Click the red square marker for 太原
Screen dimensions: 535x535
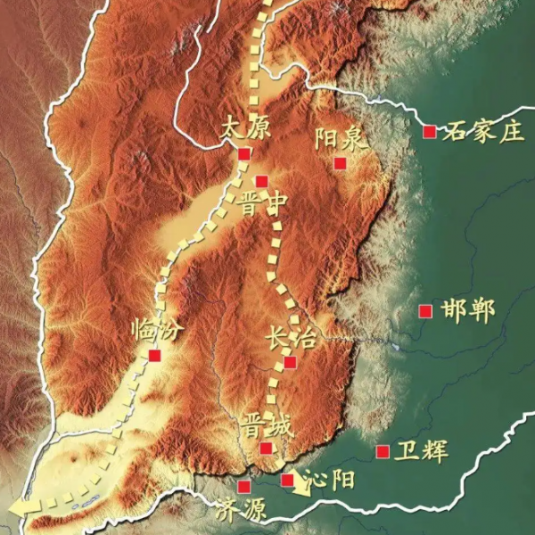coord(243,154)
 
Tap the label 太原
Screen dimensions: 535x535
coord(243,128)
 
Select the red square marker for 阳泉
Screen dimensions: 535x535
coord(339,162)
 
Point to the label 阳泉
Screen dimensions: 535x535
coord(339,137)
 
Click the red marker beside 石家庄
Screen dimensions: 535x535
coord(429,132)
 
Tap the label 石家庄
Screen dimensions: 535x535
coord(482,133)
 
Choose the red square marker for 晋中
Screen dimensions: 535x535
coord(261,182)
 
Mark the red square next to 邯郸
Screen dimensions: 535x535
coord(425,311)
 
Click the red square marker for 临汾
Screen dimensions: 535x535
coord(154,355)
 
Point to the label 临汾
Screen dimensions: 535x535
coord(157,331)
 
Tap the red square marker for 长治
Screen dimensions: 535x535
coord(290,361)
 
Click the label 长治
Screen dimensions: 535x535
coord(290,337)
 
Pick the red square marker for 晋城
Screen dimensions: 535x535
coord(266,448)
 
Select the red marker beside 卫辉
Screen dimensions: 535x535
coord(383,451)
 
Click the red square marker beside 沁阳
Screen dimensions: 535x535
coord(287,480)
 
